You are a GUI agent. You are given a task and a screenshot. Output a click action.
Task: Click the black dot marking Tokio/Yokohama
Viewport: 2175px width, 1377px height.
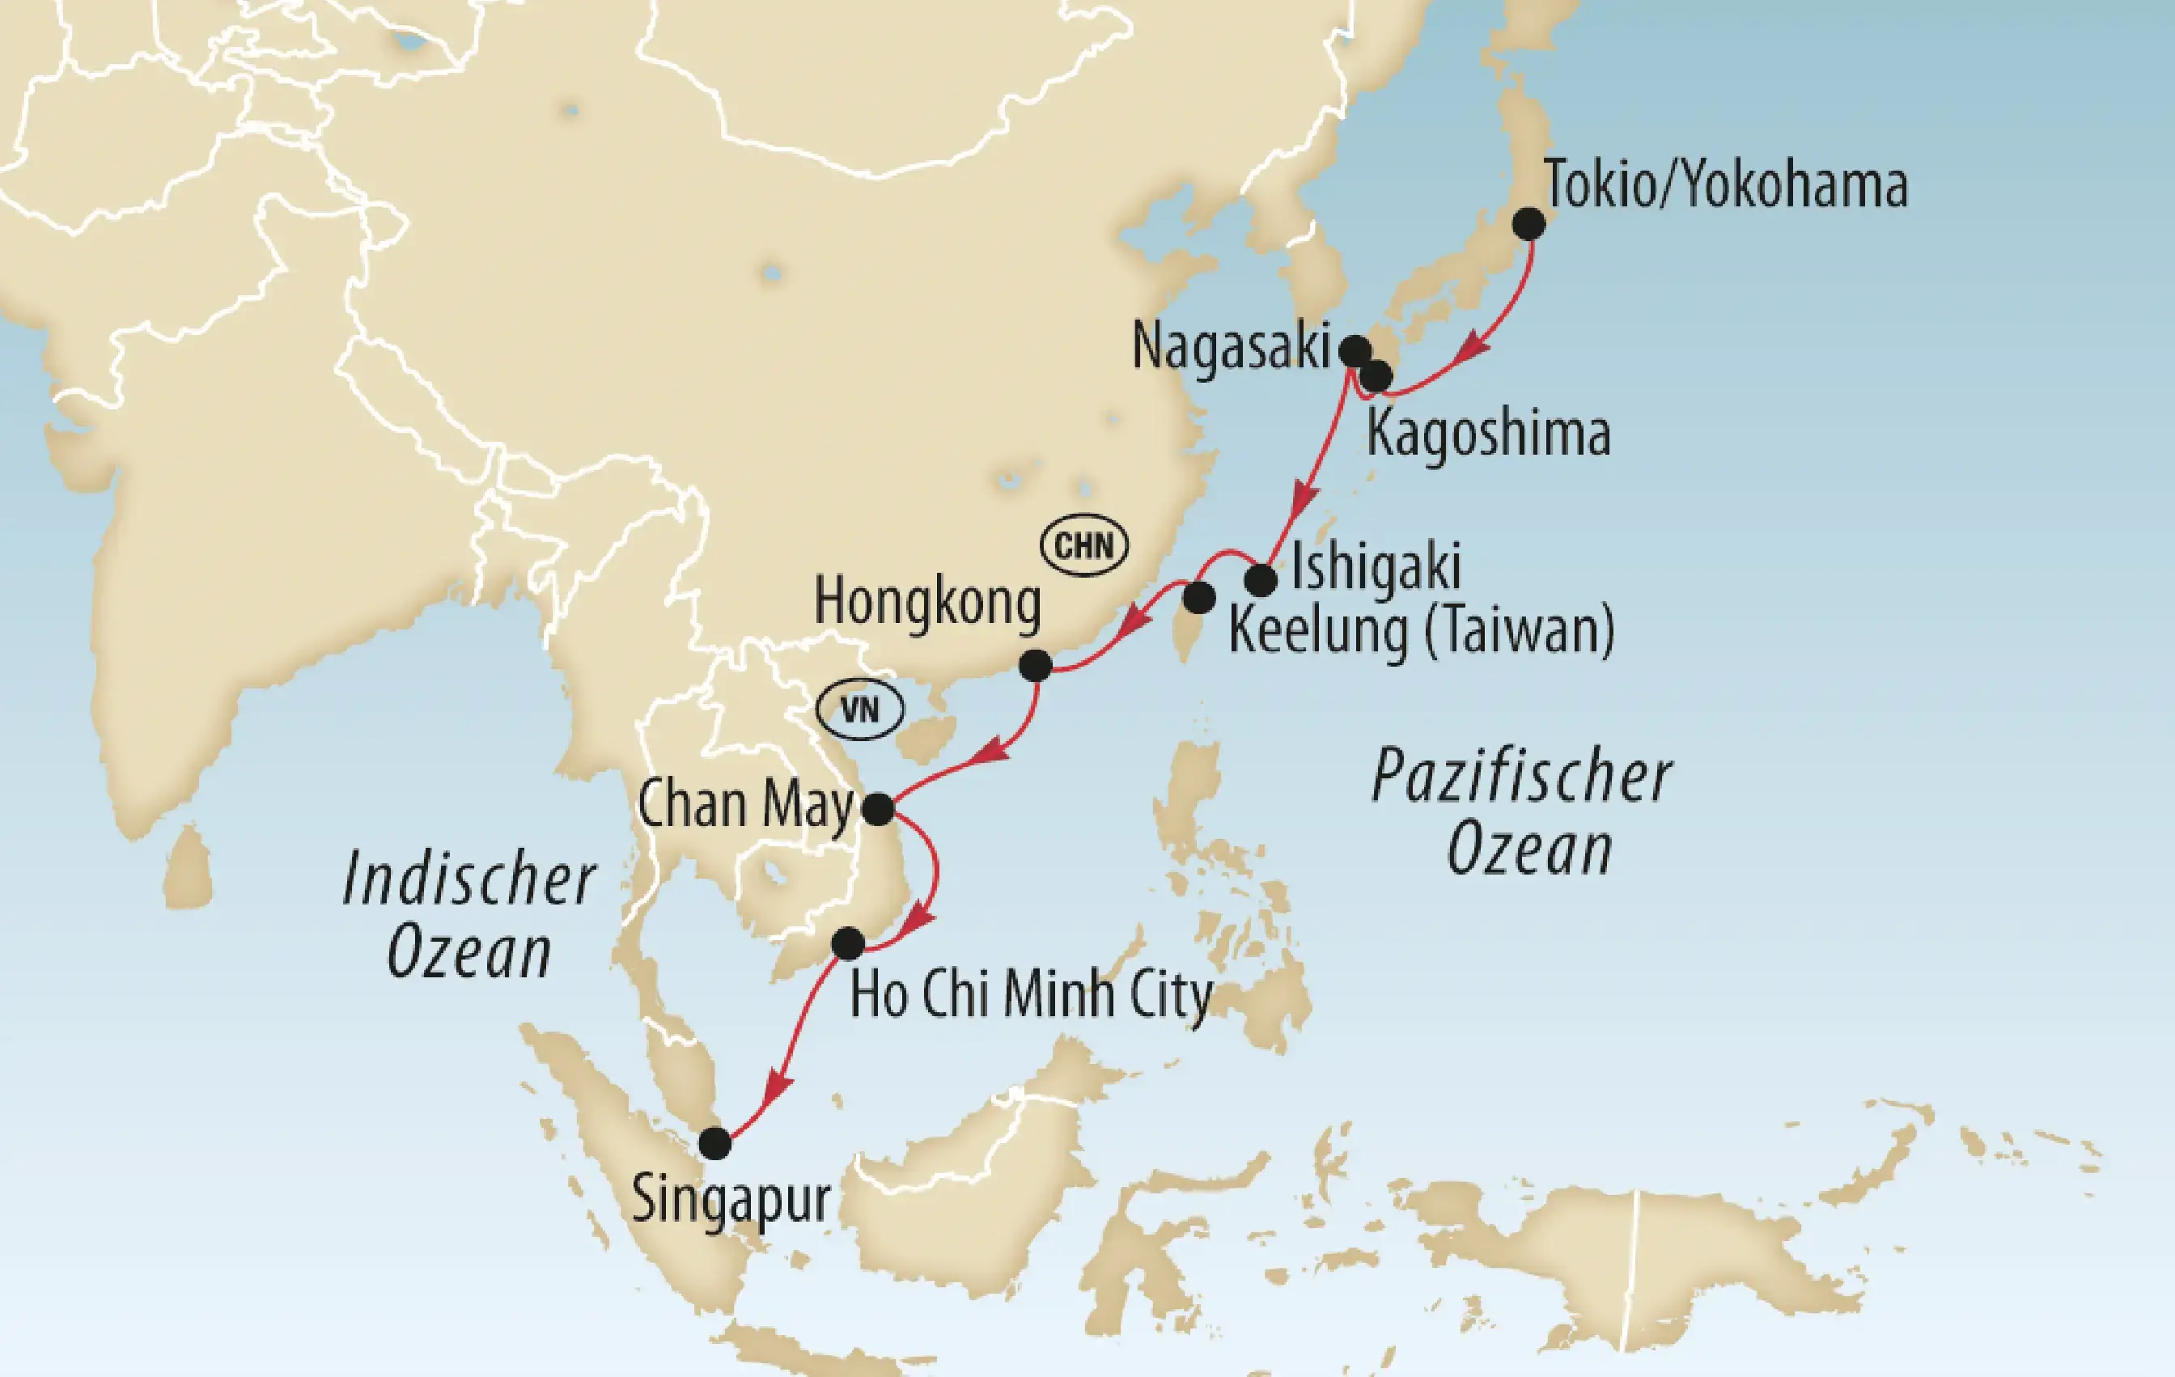(x=1528, y=224)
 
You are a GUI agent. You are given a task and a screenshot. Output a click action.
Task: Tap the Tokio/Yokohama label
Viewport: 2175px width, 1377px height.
(x=1725, y=185)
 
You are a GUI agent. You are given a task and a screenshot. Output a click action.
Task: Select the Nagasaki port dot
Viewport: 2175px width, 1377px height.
(x=1355, y=350)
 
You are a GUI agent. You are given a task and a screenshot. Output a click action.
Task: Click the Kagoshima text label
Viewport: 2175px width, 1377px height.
(x=1488, y=434)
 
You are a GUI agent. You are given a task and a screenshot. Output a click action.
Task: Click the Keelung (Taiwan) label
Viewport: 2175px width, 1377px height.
(x=1421, y=631)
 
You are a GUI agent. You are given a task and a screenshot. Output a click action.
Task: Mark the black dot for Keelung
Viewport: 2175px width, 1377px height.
(x=1198, y=598)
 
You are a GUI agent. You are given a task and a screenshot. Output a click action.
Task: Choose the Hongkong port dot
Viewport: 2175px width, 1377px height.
(x=1035, y=667)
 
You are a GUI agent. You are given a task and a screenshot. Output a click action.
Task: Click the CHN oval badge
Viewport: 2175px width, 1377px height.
(x=1084, y=545)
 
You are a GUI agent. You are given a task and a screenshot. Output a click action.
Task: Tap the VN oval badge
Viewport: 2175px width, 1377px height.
(x=859, y=710)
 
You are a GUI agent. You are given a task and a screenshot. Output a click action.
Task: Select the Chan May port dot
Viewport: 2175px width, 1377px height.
(x=878, y=808)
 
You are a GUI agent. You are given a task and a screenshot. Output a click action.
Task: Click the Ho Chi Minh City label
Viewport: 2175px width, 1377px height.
(x=1031, y=995)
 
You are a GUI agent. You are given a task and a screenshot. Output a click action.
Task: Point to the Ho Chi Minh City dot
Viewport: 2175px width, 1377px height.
(x=847, y=943)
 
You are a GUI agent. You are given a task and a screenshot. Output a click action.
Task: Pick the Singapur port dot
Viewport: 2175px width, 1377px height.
(x=714, y=1143)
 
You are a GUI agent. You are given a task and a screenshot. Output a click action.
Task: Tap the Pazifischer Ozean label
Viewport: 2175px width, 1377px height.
(x=1523, y=812)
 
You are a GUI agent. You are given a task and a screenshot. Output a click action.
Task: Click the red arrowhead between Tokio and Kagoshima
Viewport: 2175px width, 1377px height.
(x=1474, y=348)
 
